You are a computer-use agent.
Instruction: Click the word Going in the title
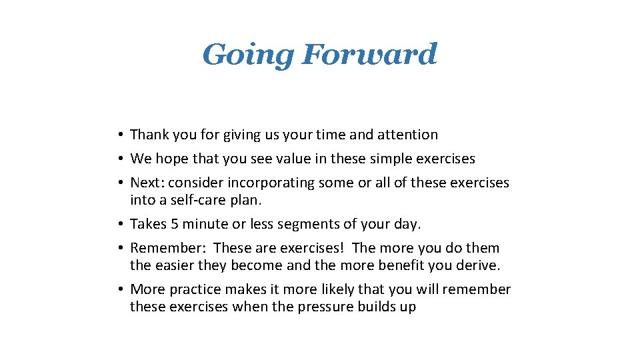tap(247, 55)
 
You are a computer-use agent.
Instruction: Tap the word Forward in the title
tap(369, 54)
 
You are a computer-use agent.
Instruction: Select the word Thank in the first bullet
tap(149, 135)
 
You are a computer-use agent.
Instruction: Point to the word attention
tap(407, 135)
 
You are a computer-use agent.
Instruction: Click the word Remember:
tap(167, 248)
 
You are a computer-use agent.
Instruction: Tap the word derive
tap(481, 265)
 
